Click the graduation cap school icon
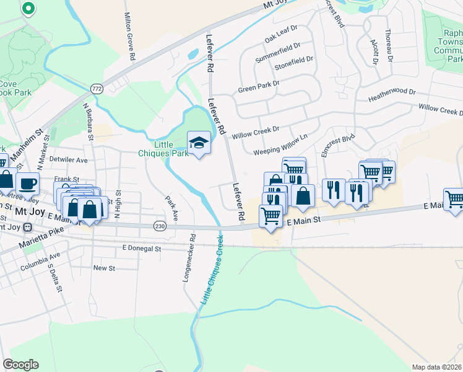[199, 143]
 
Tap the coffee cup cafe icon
[27, 183]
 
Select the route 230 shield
[160, 226]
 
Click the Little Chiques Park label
[171, 149]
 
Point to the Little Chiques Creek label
[211, 272]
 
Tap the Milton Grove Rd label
[130, 36]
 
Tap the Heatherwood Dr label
[391, 95]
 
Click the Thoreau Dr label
[389, 41]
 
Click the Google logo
[20, 364]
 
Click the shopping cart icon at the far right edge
[454, 200]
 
